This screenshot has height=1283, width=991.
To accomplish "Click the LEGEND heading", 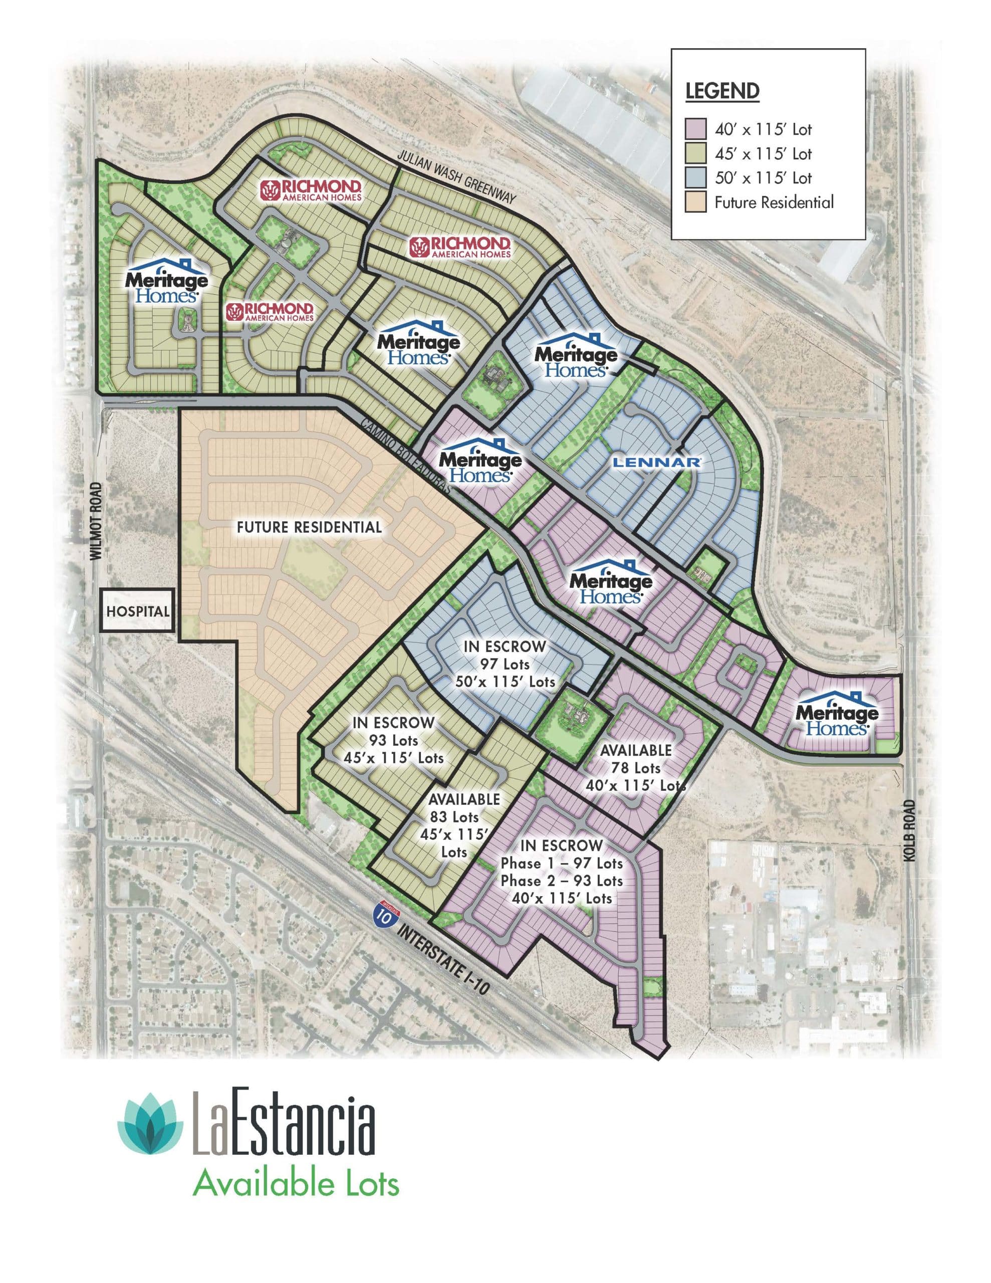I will click(x=722, y=91).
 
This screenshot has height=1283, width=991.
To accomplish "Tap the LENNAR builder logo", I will click(x=656, y=462).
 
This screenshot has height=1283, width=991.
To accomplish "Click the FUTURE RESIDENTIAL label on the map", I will click(x=309, y=527).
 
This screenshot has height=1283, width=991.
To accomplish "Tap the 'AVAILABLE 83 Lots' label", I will click(x=463, y=808).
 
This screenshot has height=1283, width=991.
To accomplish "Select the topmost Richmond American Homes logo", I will click(x=311, y=190).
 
